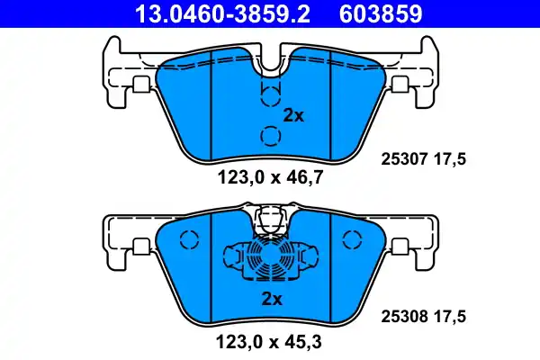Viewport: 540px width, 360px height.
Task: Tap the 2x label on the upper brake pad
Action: (294, 115)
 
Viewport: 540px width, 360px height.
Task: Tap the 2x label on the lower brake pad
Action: (272, 298)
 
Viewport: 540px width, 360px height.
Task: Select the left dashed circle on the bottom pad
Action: (189, 240)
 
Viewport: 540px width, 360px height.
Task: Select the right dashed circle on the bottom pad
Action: (350, 240)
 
